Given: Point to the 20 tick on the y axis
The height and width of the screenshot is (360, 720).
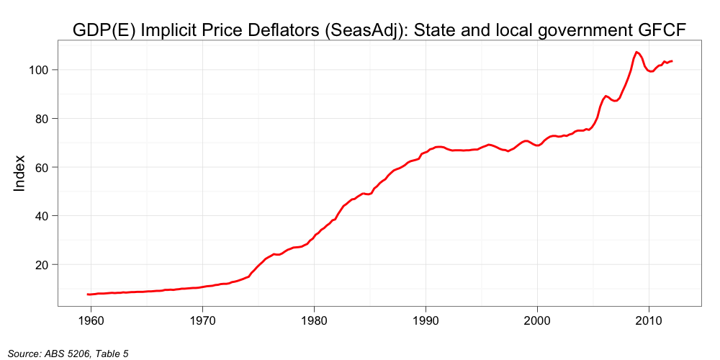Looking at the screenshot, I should coord(41,265).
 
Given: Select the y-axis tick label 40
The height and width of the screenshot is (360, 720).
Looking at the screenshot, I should coord(41,216).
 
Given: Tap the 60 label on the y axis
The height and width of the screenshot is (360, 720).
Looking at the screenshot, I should coord(41,167).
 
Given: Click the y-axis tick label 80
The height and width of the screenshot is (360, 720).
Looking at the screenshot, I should coord(41,119).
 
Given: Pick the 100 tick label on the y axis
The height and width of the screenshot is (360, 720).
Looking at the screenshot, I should coord(37,70).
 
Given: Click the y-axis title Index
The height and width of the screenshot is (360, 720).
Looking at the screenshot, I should coord(20,173).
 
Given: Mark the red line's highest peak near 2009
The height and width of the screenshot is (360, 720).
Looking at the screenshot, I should coord(636,52).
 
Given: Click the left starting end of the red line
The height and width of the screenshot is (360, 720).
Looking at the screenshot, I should coord(87,294).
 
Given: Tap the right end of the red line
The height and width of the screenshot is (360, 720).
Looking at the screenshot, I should coord(672,61).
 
